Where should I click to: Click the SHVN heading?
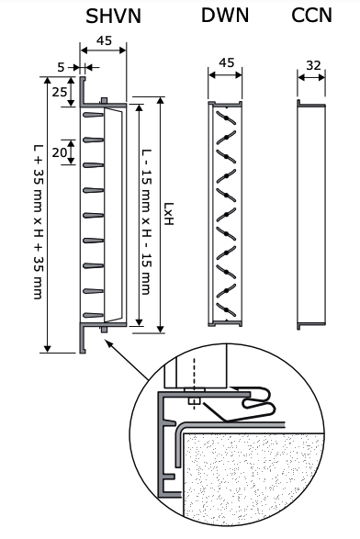113,16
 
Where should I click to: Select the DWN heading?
225,16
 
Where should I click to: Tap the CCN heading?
312,16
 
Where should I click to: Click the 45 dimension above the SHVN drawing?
104,40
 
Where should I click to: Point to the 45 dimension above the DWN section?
226,62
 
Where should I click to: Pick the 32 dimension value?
313,65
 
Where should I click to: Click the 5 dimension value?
61,67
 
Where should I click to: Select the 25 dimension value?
59,92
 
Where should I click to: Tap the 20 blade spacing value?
59,152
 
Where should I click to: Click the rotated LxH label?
168,214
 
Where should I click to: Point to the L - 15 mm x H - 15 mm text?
146,221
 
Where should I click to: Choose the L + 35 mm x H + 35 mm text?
39,221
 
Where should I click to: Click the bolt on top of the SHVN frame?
104,100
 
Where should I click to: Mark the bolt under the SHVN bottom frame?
104,330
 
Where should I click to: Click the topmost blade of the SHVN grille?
93,114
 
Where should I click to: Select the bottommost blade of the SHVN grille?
93,315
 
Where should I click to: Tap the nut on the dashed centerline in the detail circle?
194,401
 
